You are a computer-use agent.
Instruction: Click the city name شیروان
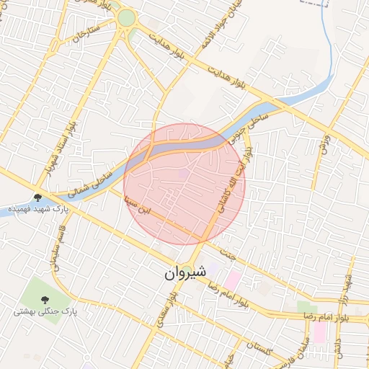click(184, 272)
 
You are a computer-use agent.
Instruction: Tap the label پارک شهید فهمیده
click(37, 209)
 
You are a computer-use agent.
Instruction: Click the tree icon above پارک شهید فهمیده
click(37, 197)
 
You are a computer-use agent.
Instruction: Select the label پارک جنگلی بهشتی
click(45, 312)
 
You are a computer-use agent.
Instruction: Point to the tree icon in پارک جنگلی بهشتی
click(45, 299)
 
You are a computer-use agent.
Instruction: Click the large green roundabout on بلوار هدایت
click(127, 19)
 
